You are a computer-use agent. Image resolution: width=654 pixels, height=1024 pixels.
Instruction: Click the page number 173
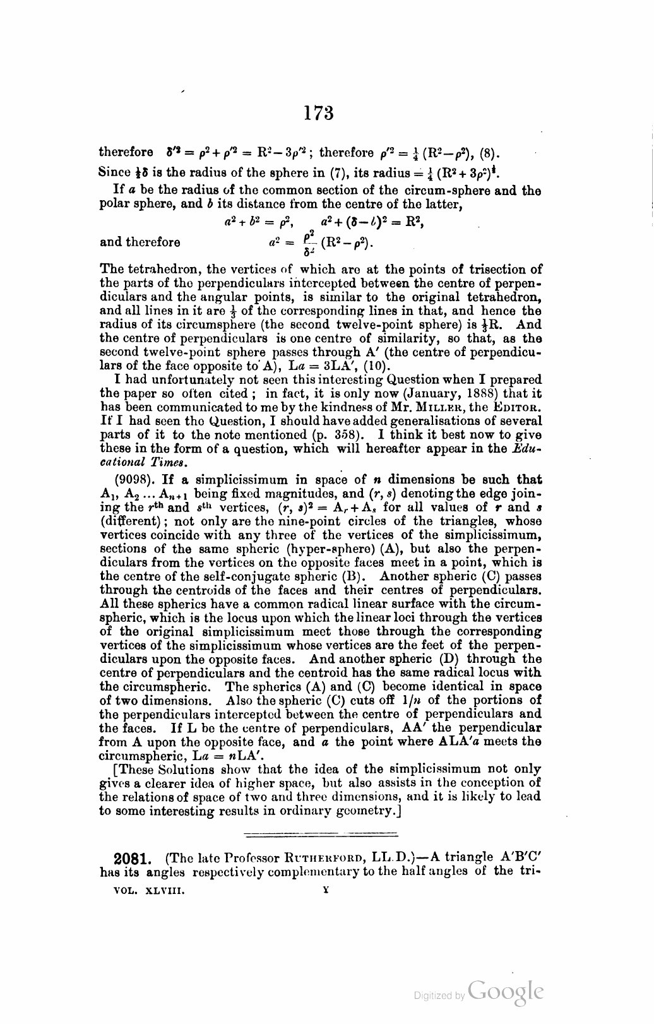318,114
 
